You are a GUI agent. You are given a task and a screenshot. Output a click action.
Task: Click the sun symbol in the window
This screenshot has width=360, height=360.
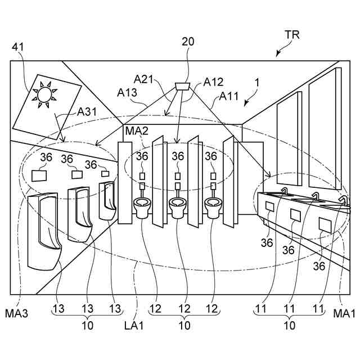click(44, 94)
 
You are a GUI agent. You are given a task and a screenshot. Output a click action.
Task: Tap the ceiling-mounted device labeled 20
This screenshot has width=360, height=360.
click(182, 86)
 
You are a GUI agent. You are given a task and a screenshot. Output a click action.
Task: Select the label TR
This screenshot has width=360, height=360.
click(292, 35)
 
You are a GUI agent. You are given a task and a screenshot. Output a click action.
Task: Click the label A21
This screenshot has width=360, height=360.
click(143, 79)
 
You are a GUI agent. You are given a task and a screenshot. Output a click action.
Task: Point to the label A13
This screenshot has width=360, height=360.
click(127, 93)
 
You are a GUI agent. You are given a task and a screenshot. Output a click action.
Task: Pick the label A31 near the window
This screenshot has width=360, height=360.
click(87, 112)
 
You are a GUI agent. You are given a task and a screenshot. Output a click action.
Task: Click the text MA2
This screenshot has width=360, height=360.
click(137, 131)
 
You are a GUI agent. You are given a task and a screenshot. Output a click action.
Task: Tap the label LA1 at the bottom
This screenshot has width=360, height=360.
click(134, 325)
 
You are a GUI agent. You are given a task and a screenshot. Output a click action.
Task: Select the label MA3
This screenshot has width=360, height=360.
click(16, 313)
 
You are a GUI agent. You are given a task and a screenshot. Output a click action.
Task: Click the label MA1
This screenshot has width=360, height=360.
click(344, 313)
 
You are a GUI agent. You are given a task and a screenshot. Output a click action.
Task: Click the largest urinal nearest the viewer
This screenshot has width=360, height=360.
click(44, 231)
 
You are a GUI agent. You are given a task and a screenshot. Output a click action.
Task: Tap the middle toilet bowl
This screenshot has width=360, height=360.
click(178, 207)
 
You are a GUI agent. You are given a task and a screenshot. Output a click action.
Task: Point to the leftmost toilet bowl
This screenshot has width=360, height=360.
click(142, 208)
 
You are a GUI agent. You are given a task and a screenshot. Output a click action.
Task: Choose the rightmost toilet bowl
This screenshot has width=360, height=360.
click(213, 208)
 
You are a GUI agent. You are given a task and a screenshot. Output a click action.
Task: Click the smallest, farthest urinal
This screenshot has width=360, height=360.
click(107, 200)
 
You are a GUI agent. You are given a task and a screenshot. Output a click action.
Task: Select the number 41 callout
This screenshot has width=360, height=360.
click(17, 47)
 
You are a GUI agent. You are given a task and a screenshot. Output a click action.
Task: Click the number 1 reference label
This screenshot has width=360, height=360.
click(258, 83)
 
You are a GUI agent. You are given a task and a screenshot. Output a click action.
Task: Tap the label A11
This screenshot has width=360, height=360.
click(229, 96)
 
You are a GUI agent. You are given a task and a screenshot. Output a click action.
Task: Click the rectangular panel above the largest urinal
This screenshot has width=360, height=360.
click(39, 175)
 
